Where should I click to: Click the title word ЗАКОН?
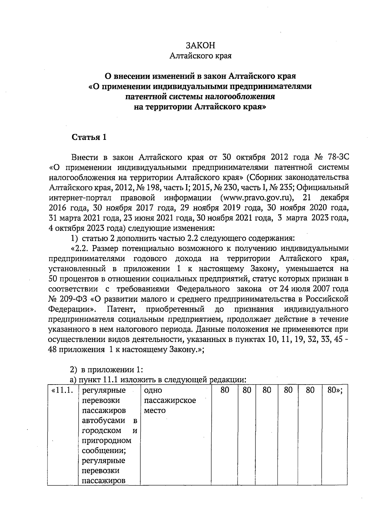coord(200,45)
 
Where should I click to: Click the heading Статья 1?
coord(89,137)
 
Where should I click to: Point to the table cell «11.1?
coord(63,390)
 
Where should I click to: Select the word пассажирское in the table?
coord(170,401)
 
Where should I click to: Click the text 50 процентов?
coord(72,279)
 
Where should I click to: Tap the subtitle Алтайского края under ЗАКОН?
coord(201,56)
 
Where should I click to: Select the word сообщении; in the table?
coord(104,450)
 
